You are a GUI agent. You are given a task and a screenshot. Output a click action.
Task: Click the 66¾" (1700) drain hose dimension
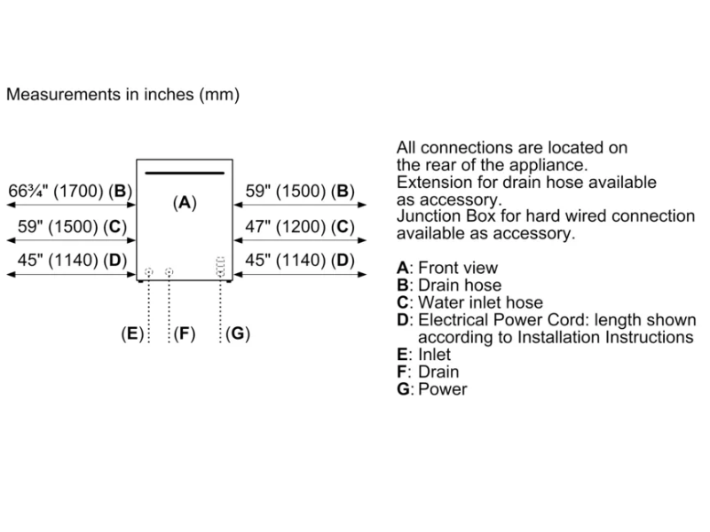(70, 191)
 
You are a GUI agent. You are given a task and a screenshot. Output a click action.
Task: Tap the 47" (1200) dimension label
(299, 226)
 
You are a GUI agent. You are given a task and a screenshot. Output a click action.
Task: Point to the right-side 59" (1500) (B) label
(299, 191)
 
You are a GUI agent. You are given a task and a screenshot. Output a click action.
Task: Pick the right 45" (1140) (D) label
(299, 261)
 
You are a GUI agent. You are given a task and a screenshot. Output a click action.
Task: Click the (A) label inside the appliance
(185, 202)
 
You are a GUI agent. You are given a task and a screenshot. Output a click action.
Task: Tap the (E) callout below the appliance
(132, 334)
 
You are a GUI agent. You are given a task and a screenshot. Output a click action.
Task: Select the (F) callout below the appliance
(184, 334)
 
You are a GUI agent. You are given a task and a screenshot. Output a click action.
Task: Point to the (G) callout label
(237, 334)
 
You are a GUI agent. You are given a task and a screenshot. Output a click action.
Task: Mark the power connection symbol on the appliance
(220, 266)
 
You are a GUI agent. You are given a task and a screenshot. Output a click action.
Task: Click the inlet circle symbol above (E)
(148, 271)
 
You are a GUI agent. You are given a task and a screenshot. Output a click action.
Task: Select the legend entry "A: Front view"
(447, 268)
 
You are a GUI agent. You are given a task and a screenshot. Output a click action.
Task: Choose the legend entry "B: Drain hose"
(449, 286)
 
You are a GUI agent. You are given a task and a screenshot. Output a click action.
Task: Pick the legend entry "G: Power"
(431, 389)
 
